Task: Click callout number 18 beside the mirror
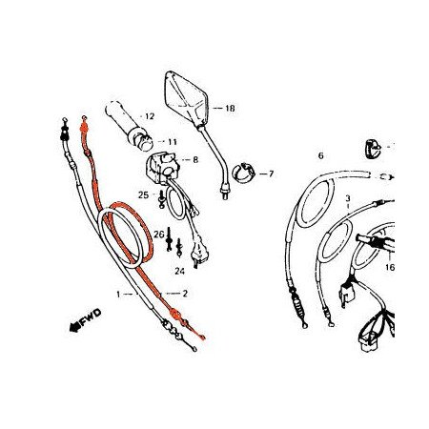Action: point(230,110)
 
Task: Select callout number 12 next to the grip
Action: point(149,117)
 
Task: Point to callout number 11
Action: point(173,142)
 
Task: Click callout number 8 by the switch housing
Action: point(195,160)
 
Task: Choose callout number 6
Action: point(320,155)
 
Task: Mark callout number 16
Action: point(389,269)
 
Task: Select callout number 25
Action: point(143,194)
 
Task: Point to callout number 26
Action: point(160,235)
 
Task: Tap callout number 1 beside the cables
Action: point(119,295)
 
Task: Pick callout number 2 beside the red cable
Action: point(185,294)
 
